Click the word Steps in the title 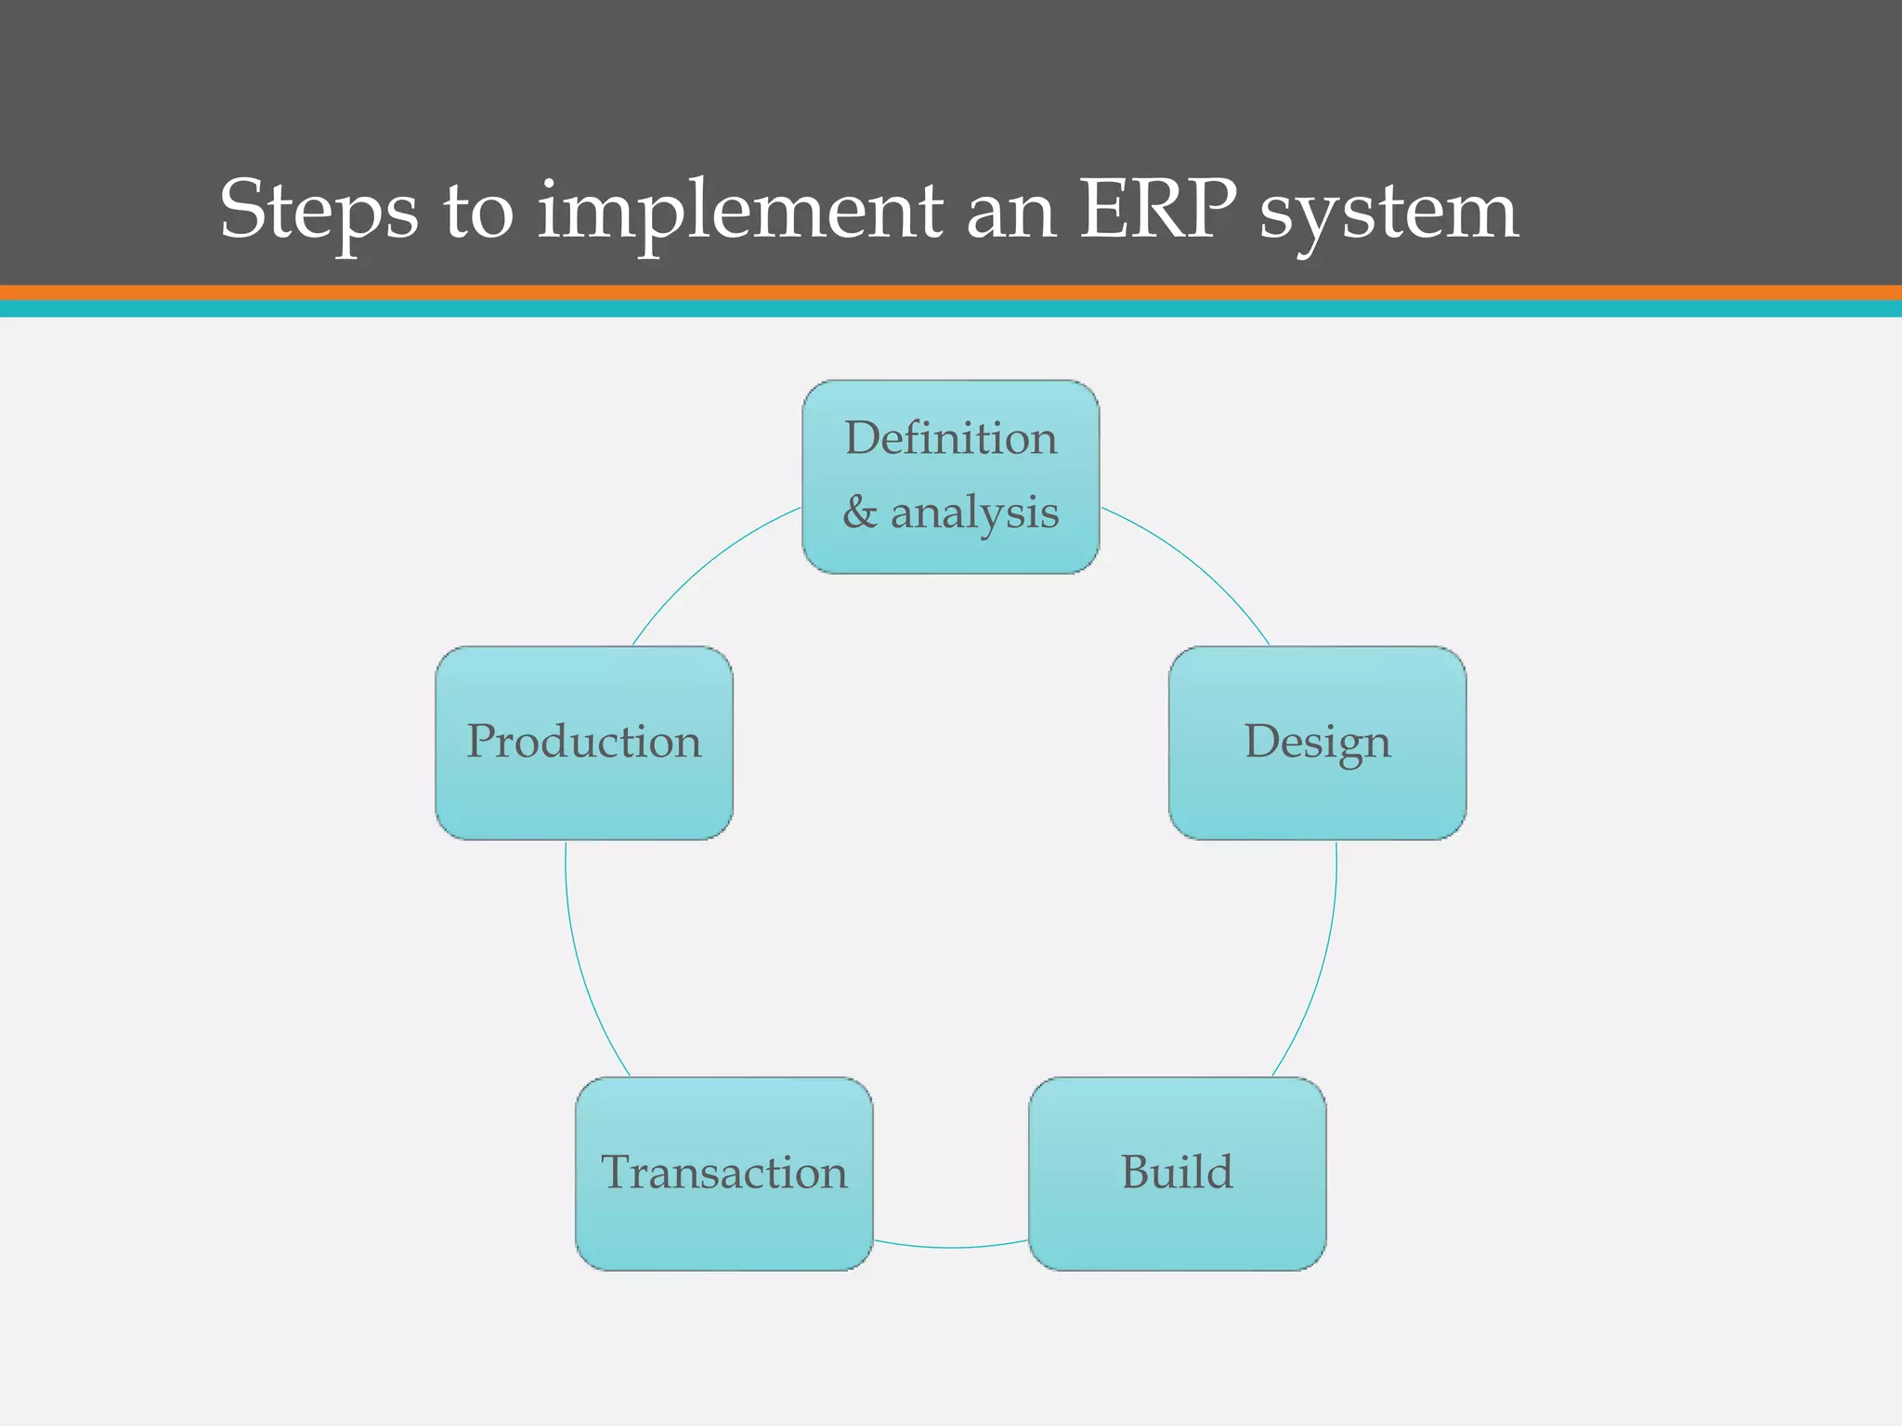coord(318,212)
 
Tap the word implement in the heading coord(739,212)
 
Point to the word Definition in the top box coord(950,438)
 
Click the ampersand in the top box coord(859,512)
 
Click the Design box coord(1317,743)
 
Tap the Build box coord(1177,1173)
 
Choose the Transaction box coord(723,1173)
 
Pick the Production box coord(583,743)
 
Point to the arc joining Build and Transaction coord(950,1247)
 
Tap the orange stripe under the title coord(951,292)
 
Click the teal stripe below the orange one coord(951,309)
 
